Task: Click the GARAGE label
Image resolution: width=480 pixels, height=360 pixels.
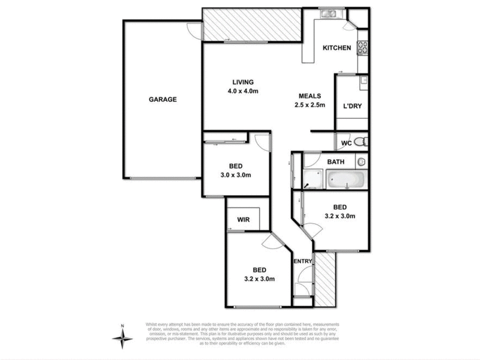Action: pyautogui.click(x=163, y=100)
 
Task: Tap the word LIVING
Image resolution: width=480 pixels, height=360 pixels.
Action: pyautogui.click(x=243, y=82)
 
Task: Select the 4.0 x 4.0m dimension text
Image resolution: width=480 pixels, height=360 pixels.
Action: pyautogui.click(x=243, y=91)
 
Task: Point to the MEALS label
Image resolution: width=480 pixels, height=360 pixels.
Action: pyautogui.click(x=310, y=96)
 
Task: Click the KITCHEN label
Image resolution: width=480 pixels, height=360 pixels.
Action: pyautogui.click(x=337, y=49)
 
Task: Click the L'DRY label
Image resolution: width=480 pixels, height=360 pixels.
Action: pyautogui.click(x=352, y=106)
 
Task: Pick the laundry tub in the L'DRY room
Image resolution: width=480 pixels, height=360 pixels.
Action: pyautogui.click(x=362, y=80)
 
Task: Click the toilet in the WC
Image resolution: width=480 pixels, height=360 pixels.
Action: pyautogui.click(x=360, y=142)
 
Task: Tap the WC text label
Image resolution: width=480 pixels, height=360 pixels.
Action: pyautogui.click(x=346, y=143)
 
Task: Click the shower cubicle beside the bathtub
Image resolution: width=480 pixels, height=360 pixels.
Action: pyautogui.click(x=314, y=178)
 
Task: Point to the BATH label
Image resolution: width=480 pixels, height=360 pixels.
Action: pyautogui.click(x=335, y=162)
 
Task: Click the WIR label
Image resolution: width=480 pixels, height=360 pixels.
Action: pyautogui.click(x=244, y=220)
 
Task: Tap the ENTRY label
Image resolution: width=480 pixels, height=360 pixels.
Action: pyautogui.click(x=302, y=261)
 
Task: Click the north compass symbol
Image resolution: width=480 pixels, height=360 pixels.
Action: pyautogui.click(x=122, y=339)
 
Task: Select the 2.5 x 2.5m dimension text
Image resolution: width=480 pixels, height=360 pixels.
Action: pyautogui.click(x=310, y=105)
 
